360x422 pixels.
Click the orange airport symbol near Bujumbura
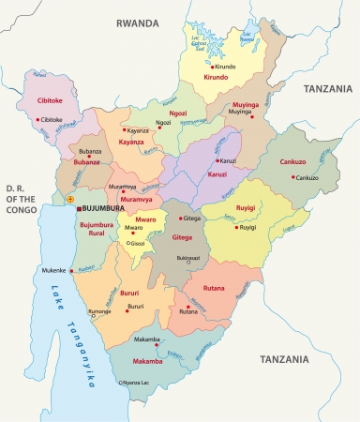(x=67, y=200)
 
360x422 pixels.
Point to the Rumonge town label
(x=98, y=311)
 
